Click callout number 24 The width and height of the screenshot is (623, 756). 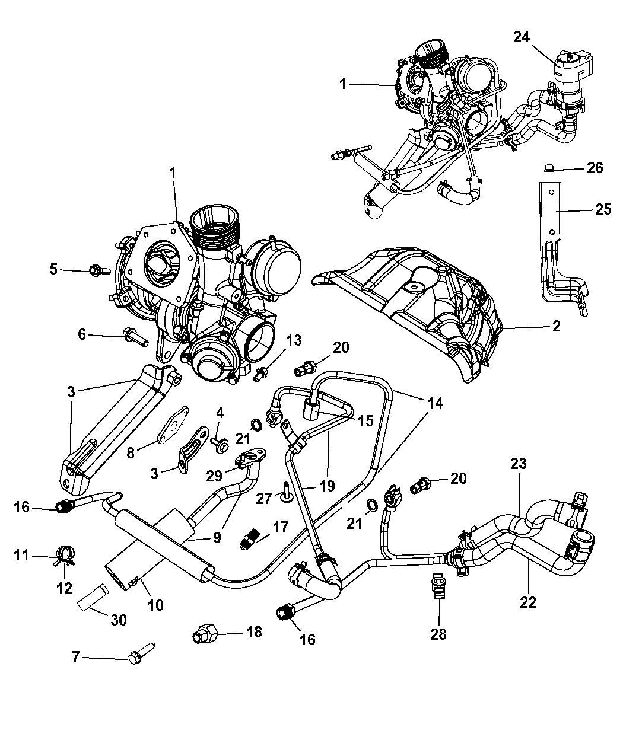click(x=522, y=37)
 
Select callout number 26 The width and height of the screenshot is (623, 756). click(x=595, y=168)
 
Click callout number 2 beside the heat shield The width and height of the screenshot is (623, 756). click(x=555, y=326)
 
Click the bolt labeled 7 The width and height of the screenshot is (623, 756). click(x=139, y=654)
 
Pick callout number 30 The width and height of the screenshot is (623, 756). click(x=119, y=620)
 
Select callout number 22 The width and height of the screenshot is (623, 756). click(x=527, y=602)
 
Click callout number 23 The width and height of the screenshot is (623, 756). click(x=519, y=464)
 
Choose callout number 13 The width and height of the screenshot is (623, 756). click(x=294, y=341)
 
